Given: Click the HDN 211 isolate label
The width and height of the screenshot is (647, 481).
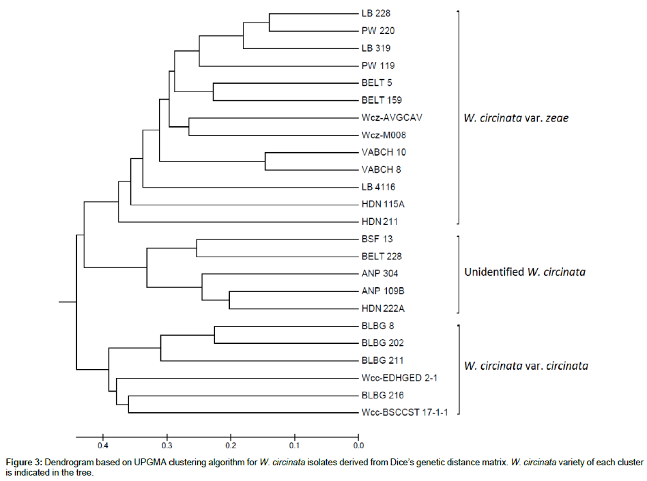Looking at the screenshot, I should (x=379, y=222).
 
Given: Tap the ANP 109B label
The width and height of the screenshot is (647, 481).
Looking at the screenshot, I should (x=380, y=291).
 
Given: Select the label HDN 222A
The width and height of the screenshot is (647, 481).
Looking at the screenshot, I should (x=381, y=308).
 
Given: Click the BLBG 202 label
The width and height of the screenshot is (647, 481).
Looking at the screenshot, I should (x=379, y=343).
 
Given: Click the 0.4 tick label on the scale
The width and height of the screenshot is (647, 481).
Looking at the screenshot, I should (x=102, y=446).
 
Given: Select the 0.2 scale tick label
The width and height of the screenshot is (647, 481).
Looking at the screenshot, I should (x=230, y=446).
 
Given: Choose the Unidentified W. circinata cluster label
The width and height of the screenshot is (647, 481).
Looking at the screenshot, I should (x=524, y=272).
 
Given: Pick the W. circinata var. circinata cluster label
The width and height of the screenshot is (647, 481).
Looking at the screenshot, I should (x=526, y=366).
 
